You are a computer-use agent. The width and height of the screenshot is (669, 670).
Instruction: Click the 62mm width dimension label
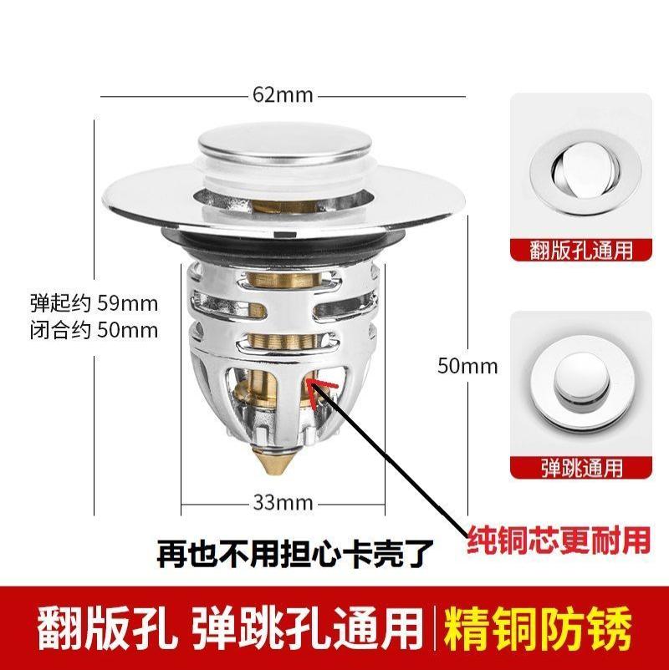pyautogui.click(x=283, y=95)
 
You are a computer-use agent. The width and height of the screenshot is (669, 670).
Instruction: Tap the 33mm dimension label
pyautogui.click(x=283, y=502)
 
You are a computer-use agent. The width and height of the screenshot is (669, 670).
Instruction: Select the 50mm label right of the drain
pyautogui.click(x=467, y=366)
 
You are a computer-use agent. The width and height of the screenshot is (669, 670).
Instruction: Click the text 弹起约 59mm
pyautogui.click(x=94, y=302)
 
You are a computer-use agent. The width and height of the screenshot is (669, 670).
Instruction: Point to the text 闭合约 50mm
pyautogui.click(x=94, y=329)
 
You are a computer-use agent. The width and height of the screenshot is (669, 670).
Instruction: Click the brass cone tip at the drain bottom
pyautogui.click(x=282, y=462)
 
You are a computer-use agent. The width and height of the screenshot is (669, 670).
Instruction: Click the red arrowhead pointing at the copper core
pyautogui.click(x=315, y=386)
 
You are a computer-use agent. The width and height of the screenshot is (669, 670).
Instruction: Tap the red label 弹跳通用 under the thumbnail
pyautogui.click(x=580, y=467)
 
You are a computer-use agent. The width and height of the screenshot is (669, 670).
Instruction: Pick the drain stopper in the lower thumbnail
pyautogui.click(x=580, y=381)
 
